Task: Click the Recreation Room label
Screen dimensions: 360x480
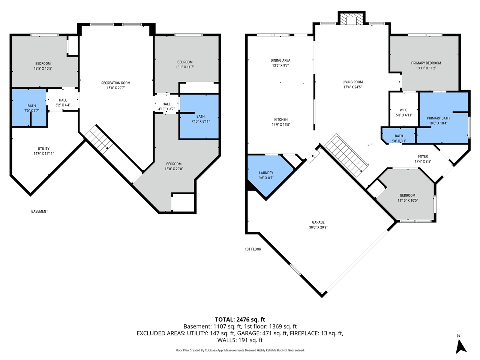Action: point(116,83)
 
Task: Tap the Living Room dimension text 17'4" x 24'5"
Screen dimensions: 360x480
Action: point(352,87)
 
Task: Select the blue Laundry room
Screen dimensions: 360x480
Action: point(267,175)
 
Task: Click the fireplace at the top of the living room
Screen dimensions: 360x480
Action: point(351,19)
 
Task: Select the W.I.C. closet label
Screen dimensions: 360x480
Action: point(404,110)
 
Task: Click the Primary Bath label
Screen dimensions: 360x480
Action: point(438,118)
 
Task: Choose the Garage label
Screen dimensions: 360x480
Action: point(318,222)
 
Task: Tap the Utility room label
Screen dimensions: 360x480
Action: point(43,148)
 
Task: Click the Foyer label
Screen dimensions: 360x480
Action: point(423,156)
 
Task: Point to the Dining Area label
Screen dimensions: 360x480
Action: point(280,60)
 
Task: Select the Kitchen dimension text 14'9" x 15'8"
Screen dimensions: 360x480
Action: point(281,124)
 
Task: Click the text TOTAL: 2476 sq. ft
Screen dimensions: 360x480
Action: point(240,319)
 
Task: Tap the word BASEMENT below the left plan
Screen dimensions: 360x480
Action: point(39,211)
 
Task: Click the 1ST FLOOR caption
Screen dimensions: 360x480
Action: point(253,249)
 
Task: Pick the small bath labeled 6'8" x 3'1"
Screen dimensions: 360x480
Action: point(399,138)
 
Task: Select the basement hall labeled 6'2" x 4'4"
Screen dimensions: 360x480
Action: point(63,102)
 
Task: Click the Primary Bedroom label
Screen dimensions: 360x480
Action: point(426,63)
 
